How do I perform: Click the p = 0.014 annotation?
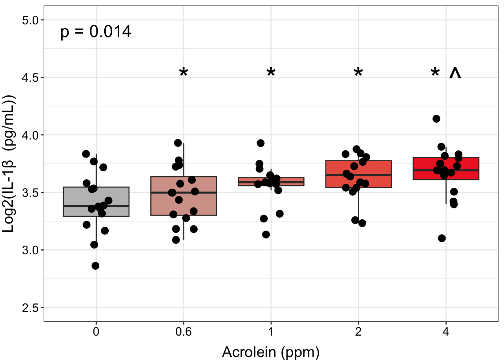coord(96,32)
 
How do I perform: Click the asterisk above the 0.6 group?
coord(183,72)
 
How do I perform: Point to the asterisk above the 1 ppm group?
coord(271,72)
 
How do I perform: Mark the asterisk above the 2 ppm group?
coord(358,72)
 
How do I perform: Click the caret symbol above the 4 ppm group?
coord(455,73)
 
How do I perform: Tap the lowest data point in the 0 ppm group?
coord(95,265)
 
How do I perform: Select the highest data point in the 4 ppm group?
coord(436,118)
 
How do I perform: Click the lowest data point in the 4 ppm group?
coord(442,238)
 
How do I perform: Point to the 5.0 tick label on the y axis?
coord(30,20)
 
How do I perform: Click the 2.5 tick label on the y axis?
coord(30,308)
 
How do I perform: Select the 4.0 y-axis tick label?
coord(30,135)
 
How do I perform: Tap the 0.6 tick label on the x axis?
coord(183,332)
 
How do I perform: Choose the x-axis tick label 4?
coord(446,332)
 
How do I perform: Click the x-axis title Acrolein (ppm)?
coord(271,352)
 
